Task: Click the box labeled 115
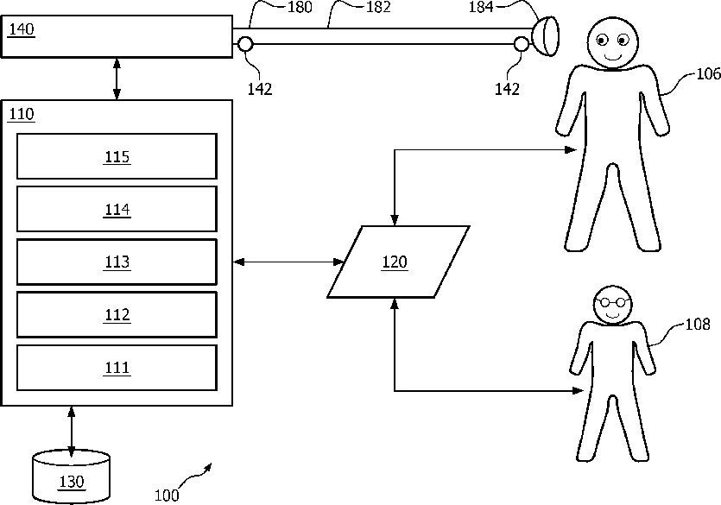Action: point(117,156)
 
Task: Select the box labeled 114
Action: point(117,209)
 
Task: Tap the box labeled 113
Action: point(117,262)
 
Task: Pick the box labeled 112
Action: point(117,315)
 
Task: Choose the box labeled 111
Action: point(117,368)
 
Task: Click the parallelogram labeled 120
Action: point(398,262)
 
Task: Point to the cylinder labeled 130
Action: point(72,478)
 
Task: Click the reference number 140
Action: point(22,29)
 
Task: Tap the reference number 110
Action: point(22,114)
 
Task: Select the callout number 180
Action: point(300,7)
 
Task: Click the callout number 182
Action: point(378,7)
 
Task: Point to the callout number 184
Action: point(480,7)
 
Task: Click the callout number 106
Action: point(709,74)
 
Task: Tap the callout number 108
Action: point(698,325)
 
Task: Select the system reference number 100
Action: point(167,496)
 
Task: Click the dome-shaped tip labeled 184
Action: point(546,36)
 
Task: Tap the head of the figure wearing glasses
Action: point(612,305)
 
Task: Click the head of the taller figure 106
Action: point(612,43)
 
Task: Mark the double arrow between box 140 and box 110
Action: point(117,79)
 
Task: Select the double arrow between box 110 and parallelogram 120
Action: point(288,262)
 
